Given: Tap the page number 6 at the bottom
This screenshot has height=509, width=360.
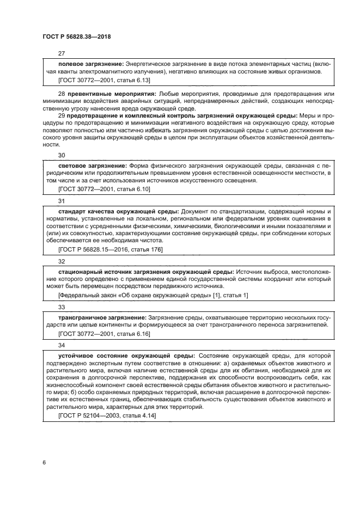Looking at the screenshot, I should click(x=43, y=463).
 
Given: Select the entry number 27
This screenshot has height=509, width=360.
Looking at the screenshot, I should click(x=62, y=54).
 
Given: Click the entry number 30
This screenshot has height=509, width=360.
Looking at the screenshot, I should click(x=62, y=155).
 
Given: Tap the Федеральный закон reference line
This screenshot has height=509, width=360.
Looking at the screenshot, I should click(x=153, y=295).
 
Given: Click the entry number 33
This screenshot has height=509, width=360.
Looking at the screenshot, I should click(x=62, y=306).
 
